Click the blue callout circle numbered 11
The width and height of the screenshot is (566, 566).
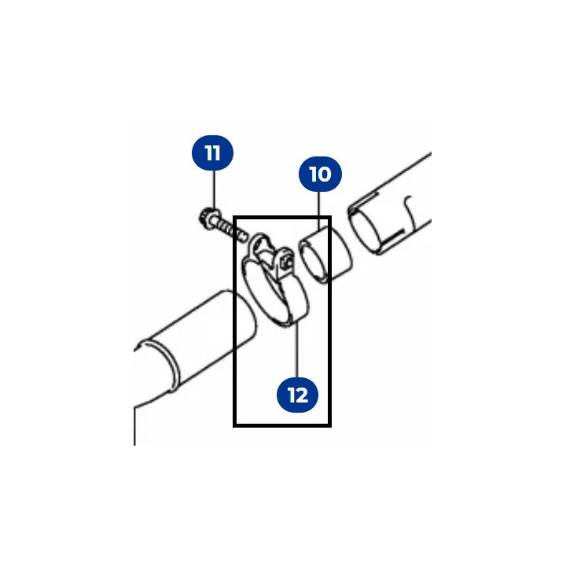pos(212,153)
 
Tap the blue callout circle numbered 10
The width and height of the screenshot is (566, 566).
pos(320,174)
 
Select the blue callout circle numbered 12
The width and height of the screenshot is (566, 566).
pos(297,395)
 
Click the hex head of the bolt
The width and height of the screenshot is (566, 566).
pos(208,218)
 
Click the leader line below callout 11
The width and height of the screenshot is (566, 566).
pos(215,189)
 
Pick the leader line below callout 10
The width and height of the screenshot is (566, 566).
pos(319,211)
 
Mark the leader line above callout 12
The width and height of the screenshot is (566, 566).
pos(297,351)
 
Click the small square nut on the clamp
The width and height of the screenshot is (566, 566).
pos(288,263)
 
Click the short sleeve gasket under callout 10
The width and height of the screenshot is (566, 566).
pos(325,255)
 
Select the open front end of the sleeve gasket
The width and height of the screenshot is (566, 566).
pos(314,263)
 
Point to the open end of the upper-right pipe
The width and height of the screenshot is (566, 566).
pos(362,231)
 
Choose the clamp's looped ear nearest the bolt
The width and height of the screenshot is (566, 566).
pos(261,244)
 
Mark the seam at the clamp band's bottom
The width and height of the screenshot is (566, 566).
pos(291,319)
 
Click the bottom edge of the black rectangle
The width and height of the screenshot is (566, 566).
pos(282,425)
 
